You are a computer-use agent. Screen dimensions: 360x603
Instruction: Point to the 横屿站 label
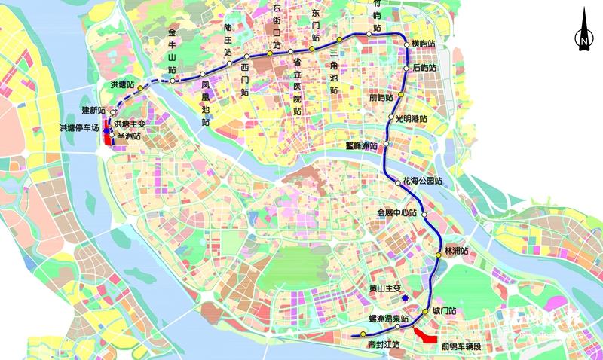424,44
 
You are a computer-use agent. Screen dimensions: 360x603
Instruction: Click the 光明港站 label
411,119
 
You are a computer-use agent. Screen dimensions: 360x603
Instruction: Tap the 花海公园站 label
422,182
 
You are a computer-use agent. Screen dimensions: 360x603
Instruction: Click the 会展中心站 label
397,213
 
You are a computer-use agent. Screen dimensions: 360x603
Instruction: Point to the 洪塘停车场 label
79,129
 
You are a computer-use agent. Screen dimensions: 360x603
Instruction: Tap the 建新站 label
94,111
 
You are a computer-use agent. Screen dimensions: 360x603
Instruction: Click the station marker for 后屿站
408,69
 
